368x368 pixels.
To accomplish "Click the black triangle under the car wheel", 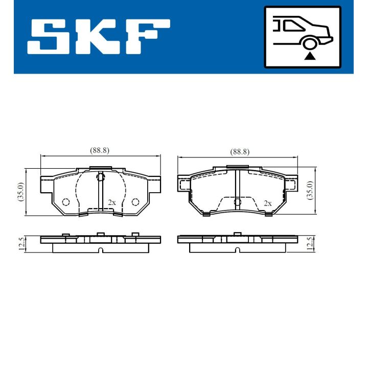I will (309, 56).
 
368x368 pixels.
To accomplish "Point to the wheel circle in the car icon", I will (309, 43).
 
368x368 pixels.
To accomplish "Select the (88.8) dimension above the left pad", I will (100, 150).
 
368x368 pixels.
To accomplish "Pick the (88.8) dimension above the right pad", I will (239, 151).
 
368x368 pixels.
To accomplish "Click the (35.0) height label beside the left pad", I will (21, 192).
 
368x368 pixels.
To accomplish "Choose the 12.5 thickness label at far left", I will (21, 244).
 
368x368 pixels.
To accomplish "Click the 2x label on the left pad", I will (111, 202).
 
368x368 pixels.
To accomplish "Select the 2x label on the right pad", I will (267, 203).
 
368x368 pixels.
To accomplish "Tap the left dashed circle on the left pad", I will (65, 202).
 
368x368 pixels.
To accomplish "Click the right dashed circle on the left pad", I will (135, 202).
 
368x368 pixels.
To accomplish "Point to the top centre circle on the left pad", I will (101, 177).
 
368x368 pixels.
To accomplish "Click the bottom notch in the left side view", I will (101, 250).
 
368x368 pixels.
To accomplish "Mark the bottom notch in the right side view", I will (237, 250).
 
